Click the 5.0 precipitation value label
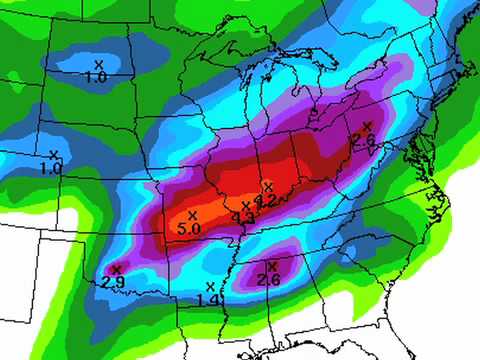point(190,229)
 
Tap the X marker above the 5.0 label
point(193,214)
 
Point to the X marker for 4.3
point(246,205)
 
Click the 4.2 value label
point(266,200)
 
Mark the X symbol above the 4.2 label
point(267,186)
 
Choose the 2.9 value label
point(113,284)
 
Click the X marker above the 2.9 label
point(116,269)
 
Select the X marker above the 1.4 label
point(210,286)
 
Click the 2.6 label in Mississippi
point(268,280)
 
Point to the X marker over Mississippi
point(271,266)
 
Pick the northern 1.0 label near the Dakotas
point(96,77)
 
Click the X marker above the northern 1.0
point(99,64)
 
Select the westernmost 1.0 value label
point(51,169)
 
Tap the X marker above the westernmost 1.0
point(53,155)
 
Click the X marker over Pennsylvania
point(367,126)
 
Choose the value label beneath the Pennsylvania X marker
point(363,141)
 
